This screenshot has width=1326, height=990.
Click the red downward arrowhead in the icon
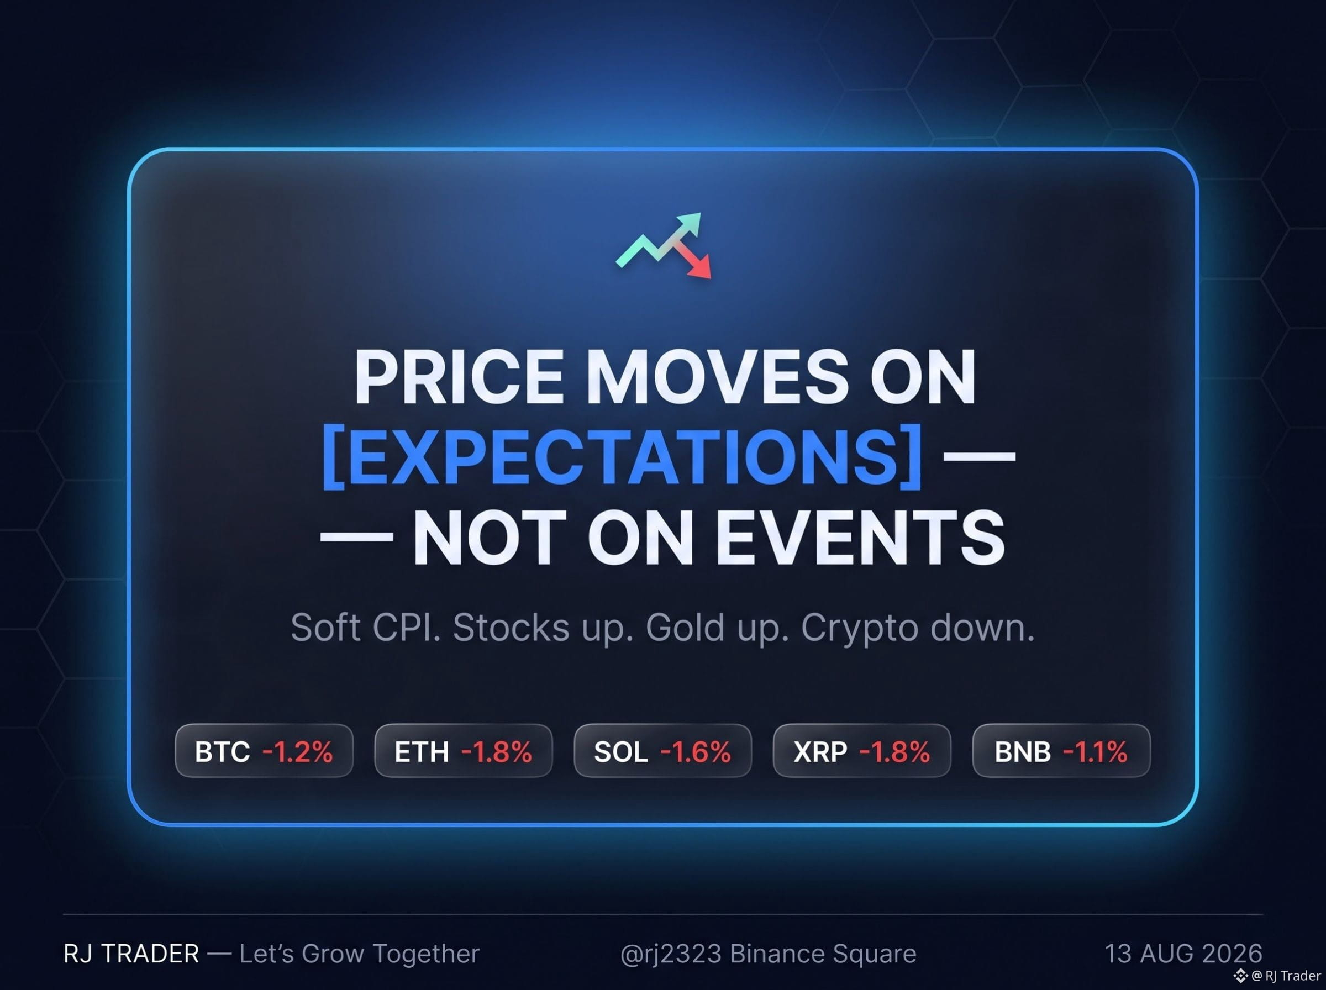(x=700, y=268)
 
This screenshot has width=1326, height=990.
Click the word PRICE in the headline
(x=459, y=377)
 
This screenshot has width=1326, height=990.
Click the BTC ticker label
(x=222, y=751)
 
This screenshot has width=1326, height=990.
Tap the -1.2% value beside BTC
(x=298, y=751)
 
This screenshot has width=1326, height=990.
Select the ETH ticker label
(x=422, y=751)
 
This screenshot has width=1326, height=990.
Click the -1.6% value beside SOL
(x=696, y=751)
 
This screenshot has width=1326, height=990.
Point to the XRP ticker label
(x=820, y=751)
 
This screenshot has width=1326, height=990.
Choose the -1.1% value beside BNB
(x=1095, y=751)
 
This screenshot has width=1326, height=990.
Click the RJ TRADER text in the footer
(x=131, y=954)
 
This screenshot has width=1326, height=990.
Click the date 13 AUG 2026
(x=1183, y=954)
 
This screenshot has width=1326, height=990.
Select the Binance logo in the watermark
(x=1241, y=976)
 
